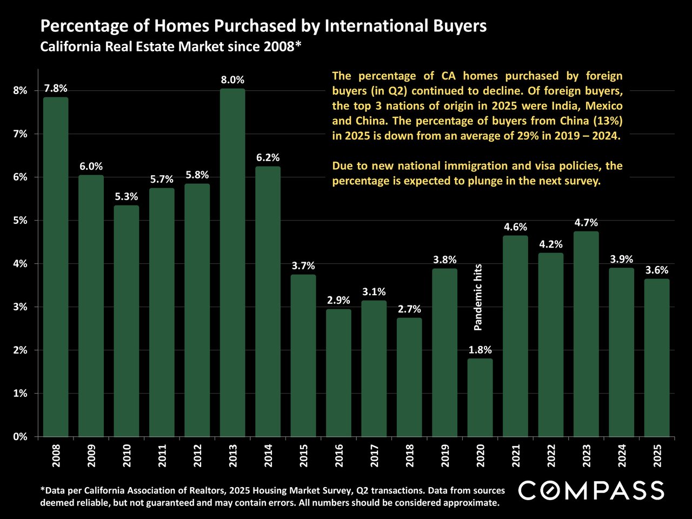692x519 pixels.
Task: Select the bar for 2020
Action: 480,397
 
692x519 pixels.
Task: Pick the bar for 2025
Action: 656,357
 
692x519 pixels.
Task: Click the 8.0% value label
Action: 232,80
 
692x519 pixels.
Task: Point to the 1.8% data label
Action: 480,350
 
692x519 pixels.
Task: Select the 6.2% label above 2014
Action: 268,158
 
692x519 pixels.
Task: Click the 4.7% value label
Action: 586,223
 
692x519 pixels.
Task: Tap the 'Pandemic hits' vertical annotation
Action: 478,297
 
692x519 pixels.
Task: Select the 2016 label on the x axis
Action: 338,456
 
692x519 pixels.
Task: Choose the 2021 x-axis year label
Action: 515,456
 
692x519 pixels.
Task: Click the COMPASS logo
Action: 591,490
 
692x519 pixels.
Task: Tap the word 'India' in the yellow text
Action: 548,105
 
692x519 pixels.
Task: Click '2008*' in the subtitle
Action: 278,46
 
